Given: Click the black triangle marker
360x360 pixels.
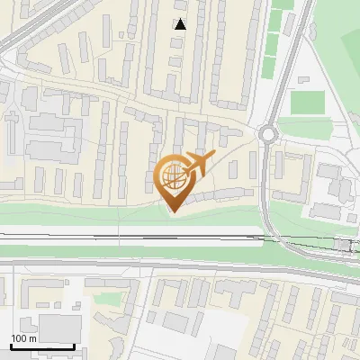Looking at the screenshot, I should [181, 24].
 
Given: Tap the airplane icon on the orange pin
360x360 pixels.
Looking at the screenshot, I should [199, 163].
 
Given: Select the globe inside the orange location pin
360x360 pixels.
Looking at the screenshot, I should [175, 174].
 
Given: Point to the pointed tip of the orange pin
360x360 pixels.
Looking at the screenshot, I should [173, 210].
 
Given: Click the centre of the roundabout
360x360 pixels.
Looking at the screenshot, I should [268, 135].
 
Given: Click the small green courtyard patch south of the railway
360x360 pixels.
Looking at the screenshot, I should [107, 298].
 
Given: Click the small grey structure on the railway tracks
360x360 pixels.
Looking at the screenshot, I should [343, 244].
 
